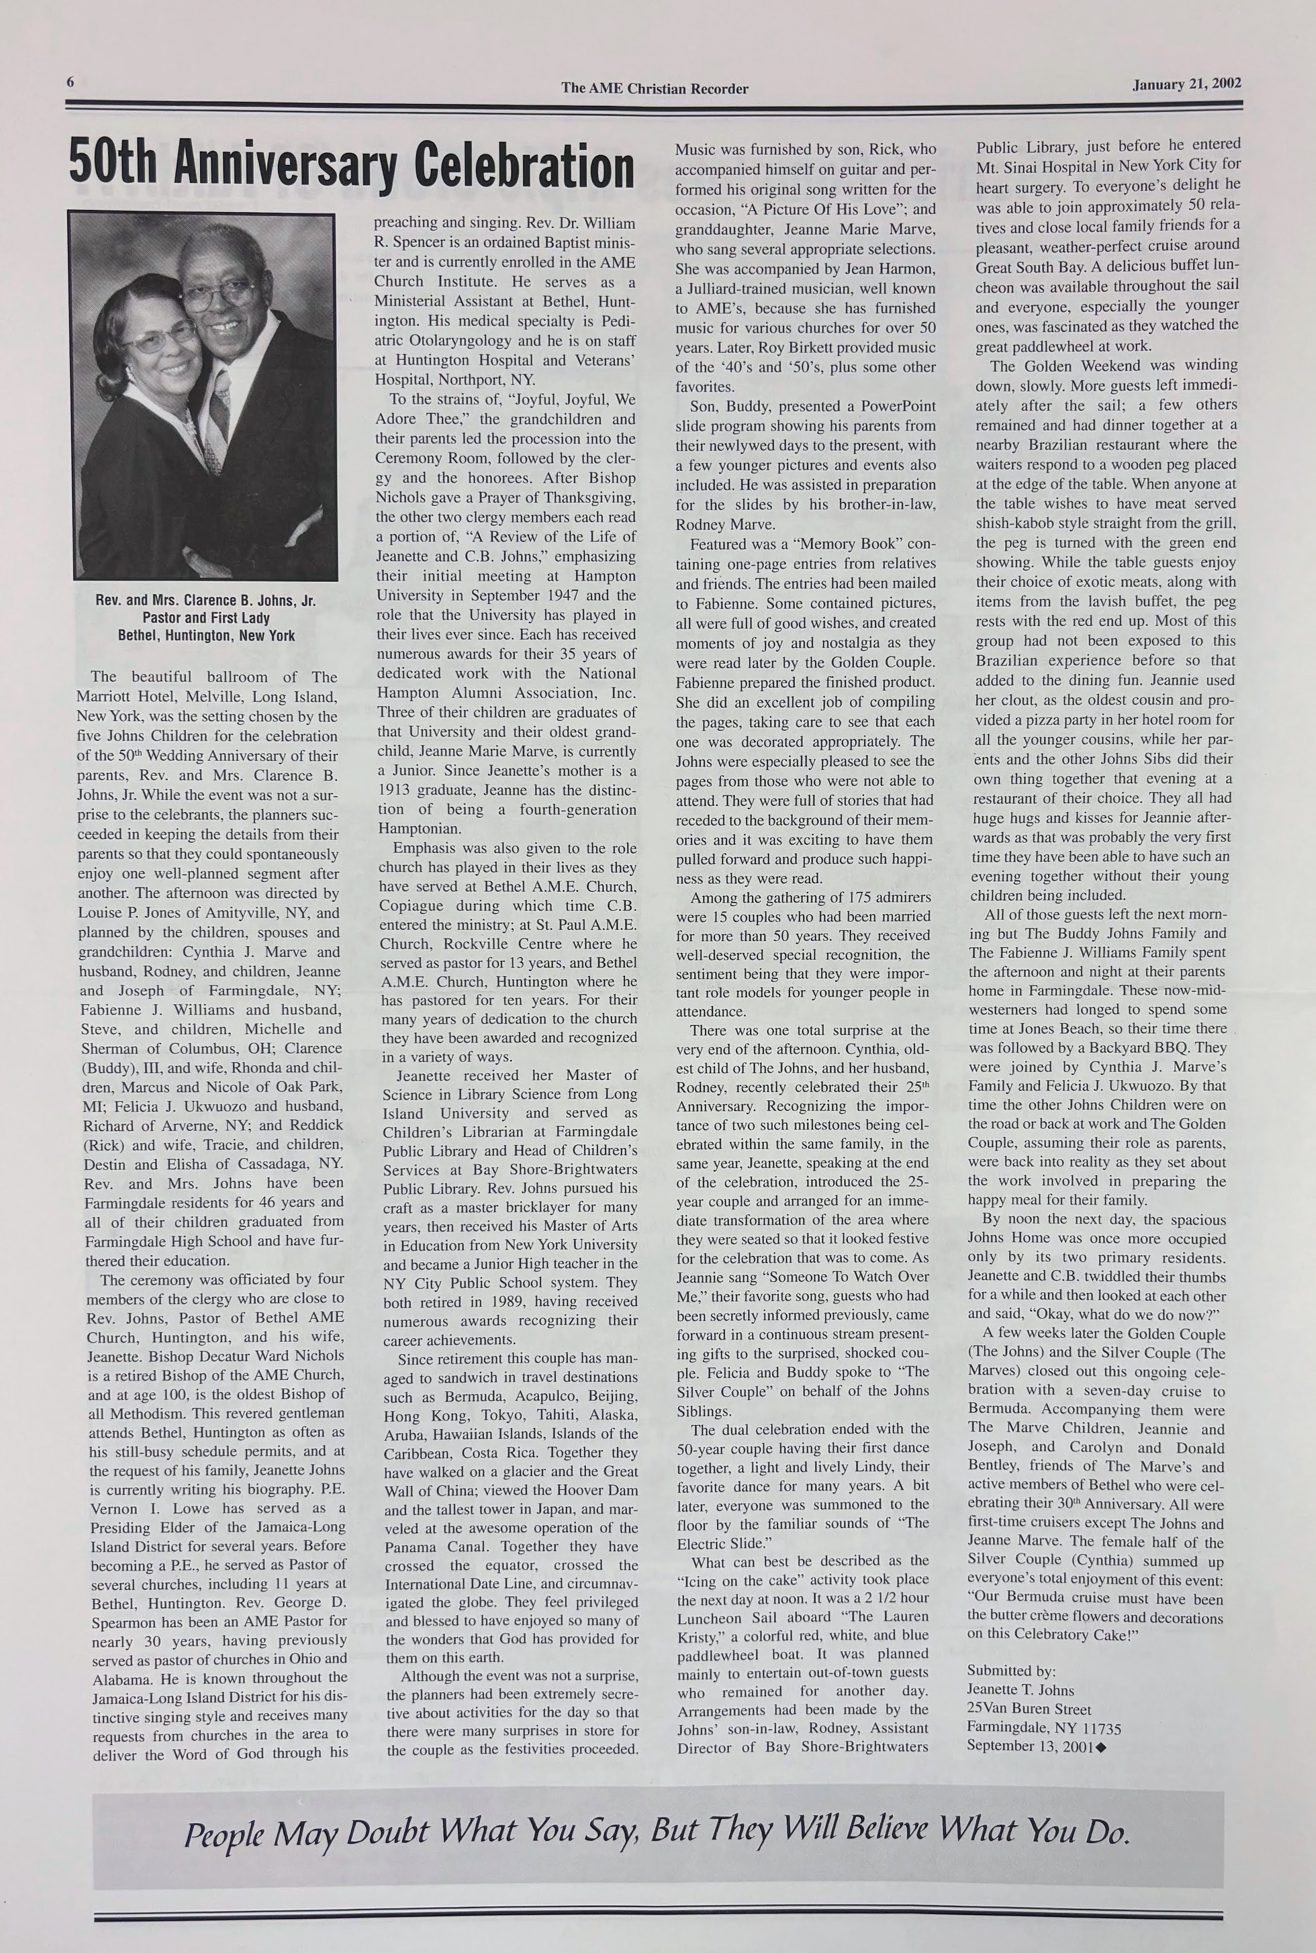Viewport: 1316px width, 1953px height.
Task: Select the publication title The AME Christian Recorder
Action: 655,88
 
